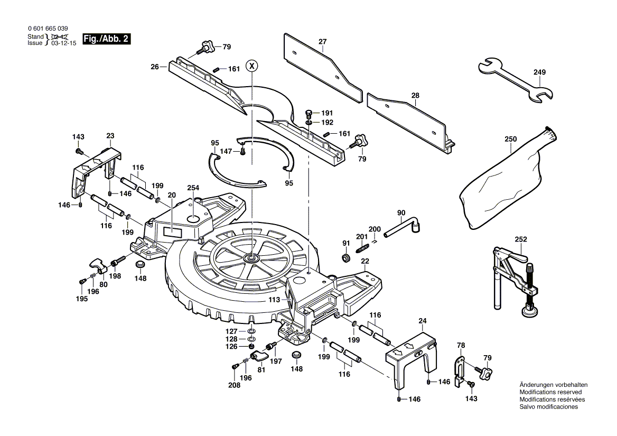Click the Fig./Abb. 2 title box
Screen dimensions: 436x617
(106, 40)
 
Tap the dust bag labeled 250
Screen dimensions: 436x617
(504, 180)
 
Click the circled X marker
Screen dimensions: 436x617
(253, 66)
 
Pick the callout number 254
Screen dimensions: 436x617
(193, 188)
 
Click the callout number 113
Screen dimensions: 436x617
(274, 299)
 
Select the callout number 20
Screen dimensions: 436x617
(172, 196)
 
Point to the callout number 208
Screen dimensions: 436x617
(233, 386)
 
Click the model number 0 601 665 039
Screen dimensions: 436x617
(47, 29)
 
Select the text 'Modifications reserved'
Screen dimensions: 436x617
(550, 392)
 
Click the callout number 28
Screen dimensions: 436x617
(416, 96)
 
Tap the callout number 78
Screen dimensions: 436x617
(461, 345)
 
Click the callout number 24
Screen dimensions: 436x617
(423, 320)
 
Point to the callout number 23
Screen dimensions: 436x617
(110, 136)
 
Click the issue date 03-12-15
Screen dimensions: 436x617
(64, 43)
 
